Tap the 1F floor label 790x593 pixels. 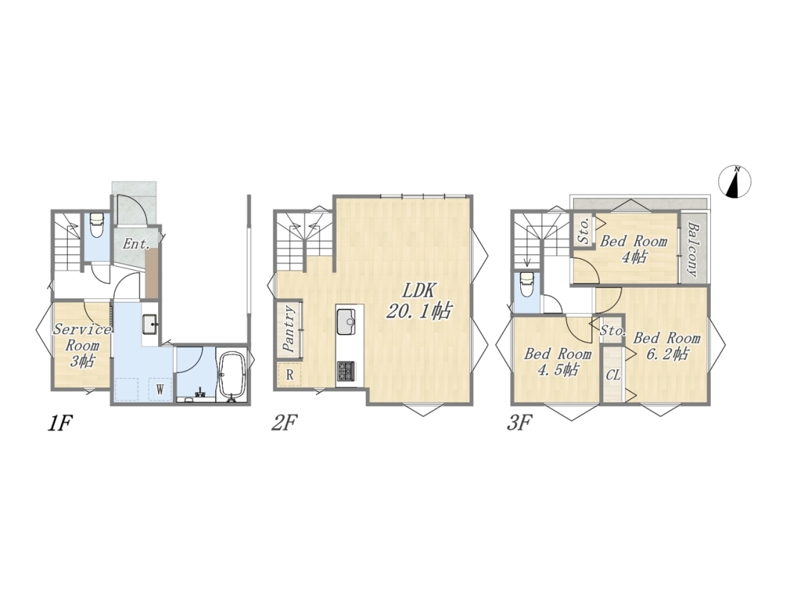(60, 424)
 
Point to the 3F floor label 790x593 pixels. (519, 424)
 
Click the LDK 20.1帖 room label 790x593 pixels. (418, 301)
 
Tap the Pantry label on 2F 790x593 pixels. (288, 329)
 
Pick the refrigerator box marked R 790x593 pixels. (290, 374)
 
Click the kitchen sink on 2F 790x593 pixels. (347, 322)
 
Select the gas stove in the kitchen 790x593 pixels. (346, 371)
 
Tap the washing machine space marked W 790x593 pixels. (160, 389)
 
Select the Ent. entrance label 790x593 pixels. (136, 245)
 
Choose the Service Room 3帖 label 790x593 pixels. (82, 346)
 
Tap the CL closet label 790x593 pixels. (613, 376)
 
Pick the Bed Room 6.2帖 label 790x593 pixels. (666, 346)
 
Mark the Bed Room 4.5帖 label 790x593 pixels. (557, 362)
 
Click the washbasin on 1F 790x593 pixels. (150, 324)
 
